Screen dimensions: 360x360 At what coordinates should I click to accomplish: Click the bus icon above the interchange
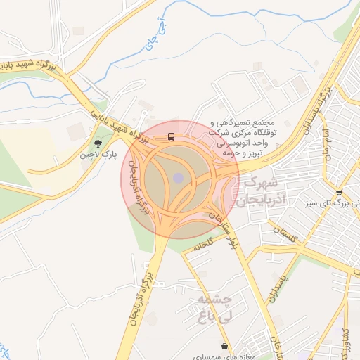tap(172, 137)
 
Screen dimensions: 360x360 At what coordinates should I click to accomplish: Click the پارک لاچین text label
tap(97, 153)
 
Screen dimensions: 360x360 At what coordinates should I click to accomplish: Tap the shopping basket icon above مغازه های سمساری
tap(224, 346)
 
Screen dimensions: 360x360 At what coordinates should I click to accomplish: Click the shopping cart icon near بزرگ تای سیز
tap(339, 193)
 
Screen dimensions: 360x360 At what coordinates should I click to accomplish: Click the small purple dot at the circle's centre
tap(179, 178)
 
